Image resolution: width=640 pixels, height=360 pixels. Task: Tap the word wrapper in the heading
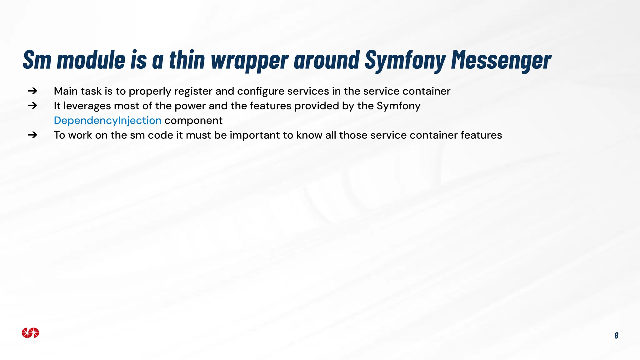coord(249,60)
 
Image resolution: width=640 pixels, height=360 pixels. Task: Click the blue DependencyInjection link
coord(107,120)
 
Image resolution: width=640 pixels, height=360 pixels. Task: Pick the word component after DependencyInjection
coord(193,121)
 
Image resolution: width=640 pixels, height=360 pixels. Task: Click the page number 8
coord(616,335)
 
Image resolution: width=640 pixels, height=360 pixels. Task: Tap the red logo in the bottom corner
coord(30,333)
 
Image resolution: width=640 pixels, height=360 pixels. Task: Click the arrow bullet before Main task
coord(32,91)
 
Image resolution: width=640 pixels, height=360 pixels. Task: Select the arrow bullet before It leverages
coord(32,106)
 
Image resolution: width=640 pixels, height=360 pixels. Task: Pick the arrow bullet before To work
coord(32,135)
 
